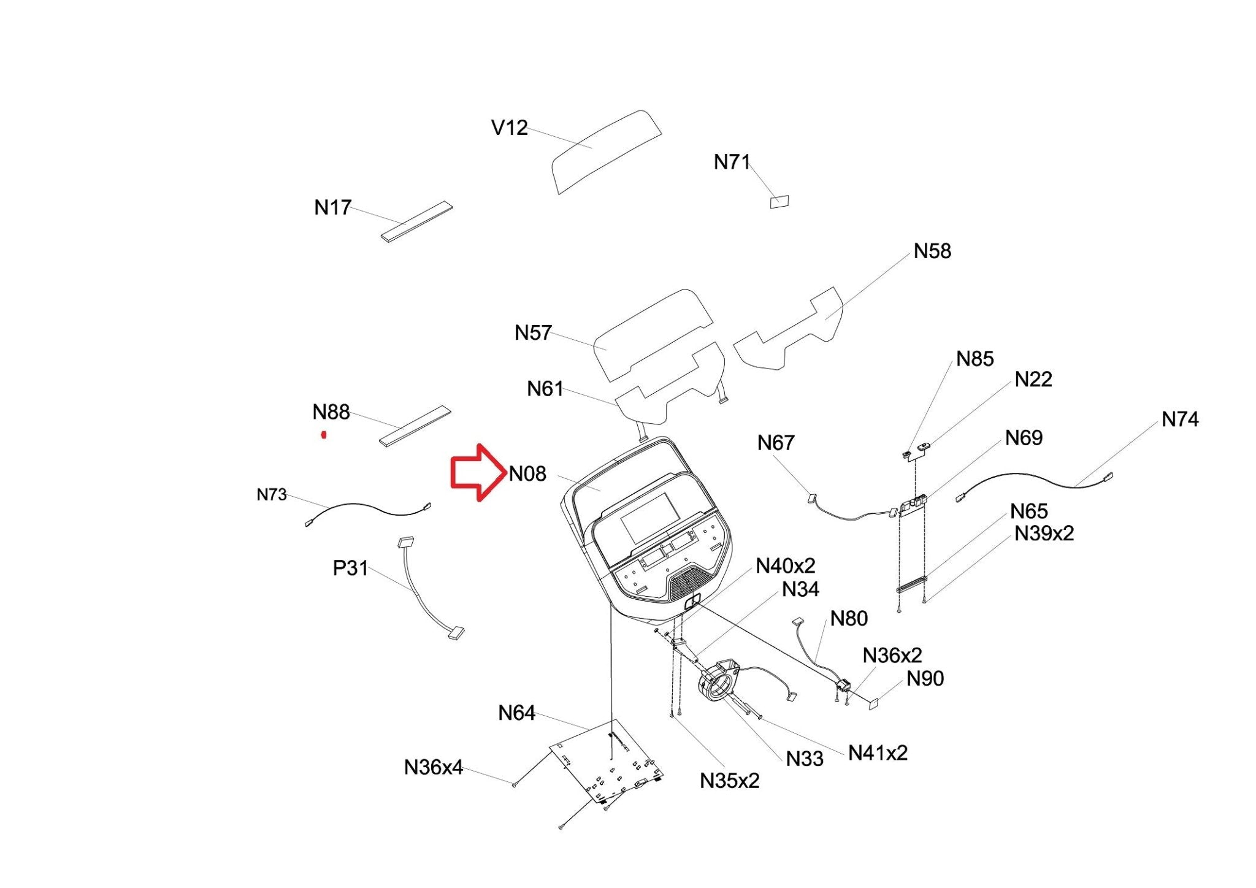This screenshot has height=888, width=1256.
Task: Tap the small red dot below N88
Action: (324, 435)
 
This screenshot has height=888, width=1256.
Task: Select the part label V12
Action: (509, 128)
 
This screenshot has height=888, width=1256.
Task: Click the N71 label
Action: (732, 162)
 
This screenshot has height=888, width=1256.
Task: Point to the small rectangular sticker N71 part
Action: (779, 202)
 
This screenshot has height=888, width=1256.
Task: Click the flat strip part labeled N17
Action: (417, 221)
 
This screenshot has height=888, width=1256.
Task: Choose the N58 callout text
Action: (932, 251)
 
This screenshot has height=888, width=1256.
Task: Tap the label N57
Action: (533, 333)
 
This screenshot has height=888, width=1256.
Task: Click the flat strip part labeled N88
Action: (415, 426)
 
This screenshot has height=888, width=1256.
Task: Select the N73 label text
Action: (272, 494)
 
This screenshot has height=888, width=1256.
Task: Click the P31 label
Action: (350, 568)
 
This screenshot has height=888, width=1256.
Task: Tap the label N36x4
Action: (433, 767)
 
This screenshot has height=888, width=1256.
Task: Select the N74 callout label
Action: (1180, 419)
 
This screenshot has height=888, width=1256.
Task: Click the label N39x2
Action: (1044, 534)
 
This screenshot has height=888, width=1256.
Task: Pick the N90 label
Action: (925, 679)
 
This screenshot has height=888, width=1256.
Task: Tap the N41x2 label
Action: (878, 753)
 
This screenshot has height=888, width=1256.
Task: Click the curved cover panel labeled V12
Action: (606, 151)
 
